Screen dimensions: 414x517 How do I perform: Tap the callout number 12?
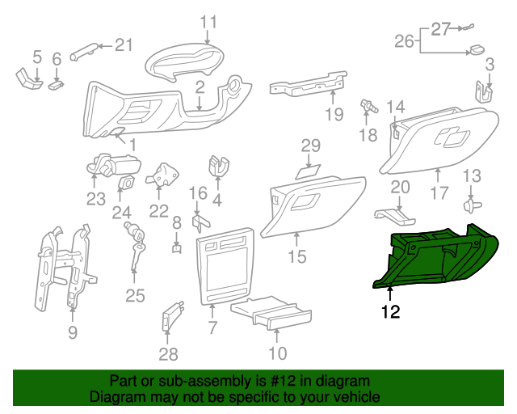tap(390, 310)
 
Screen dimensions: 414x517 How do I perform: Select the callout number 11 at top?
tap(208, 21)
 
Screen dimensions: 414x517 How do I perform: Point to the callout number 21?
tap(122, 45)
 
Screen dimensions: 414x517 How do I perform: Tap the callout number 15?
tap(296, 257)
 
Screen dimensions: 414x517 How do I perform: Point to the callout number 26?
tap(405, 40)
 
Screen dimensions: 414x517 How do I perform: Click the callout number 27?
tap(439, 29)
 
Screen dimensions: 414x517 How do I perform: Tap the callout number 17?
tap(439, 194)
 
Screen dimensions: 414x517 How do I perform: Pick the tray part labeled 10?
tap(271, 315)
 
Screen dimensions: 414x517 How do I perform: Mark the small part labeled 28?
tap(173, 315)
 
